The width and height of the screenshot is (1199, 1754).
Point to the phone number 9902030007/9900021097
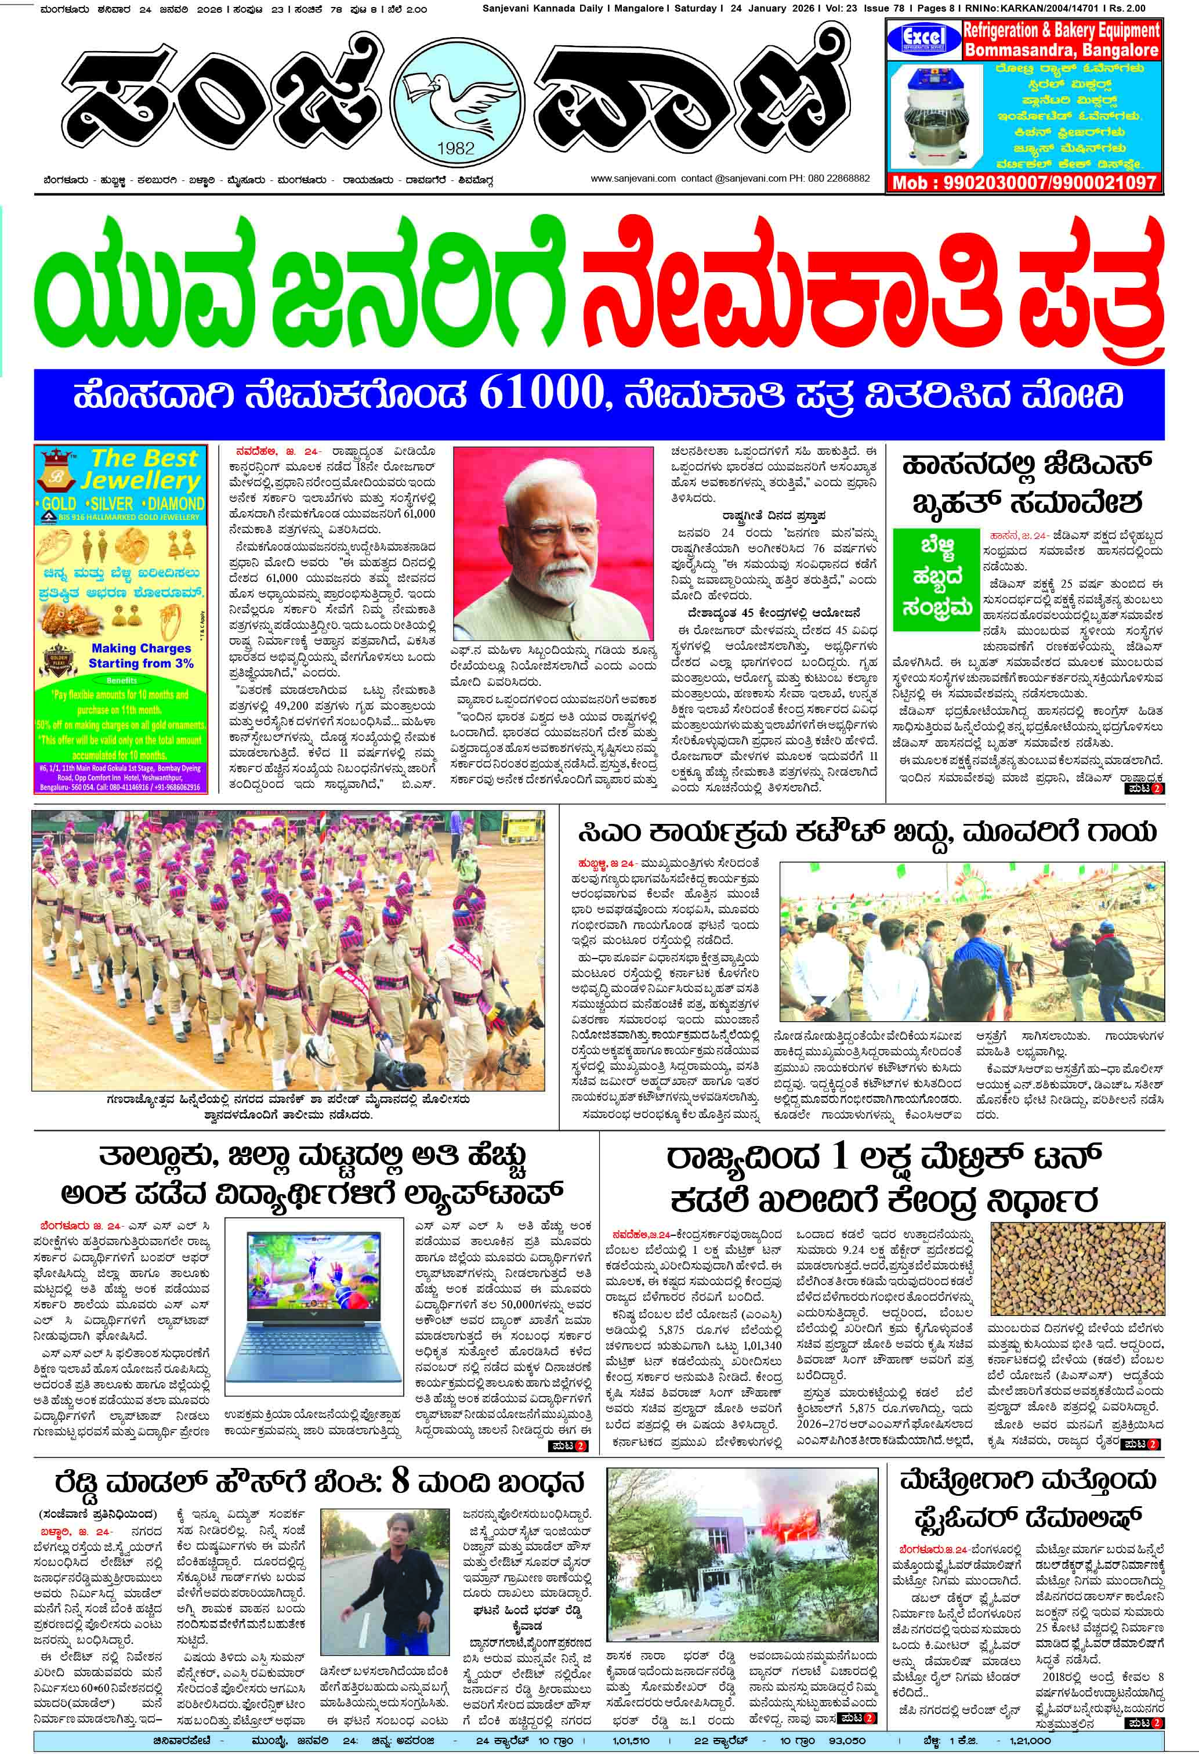[1024, 182]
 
